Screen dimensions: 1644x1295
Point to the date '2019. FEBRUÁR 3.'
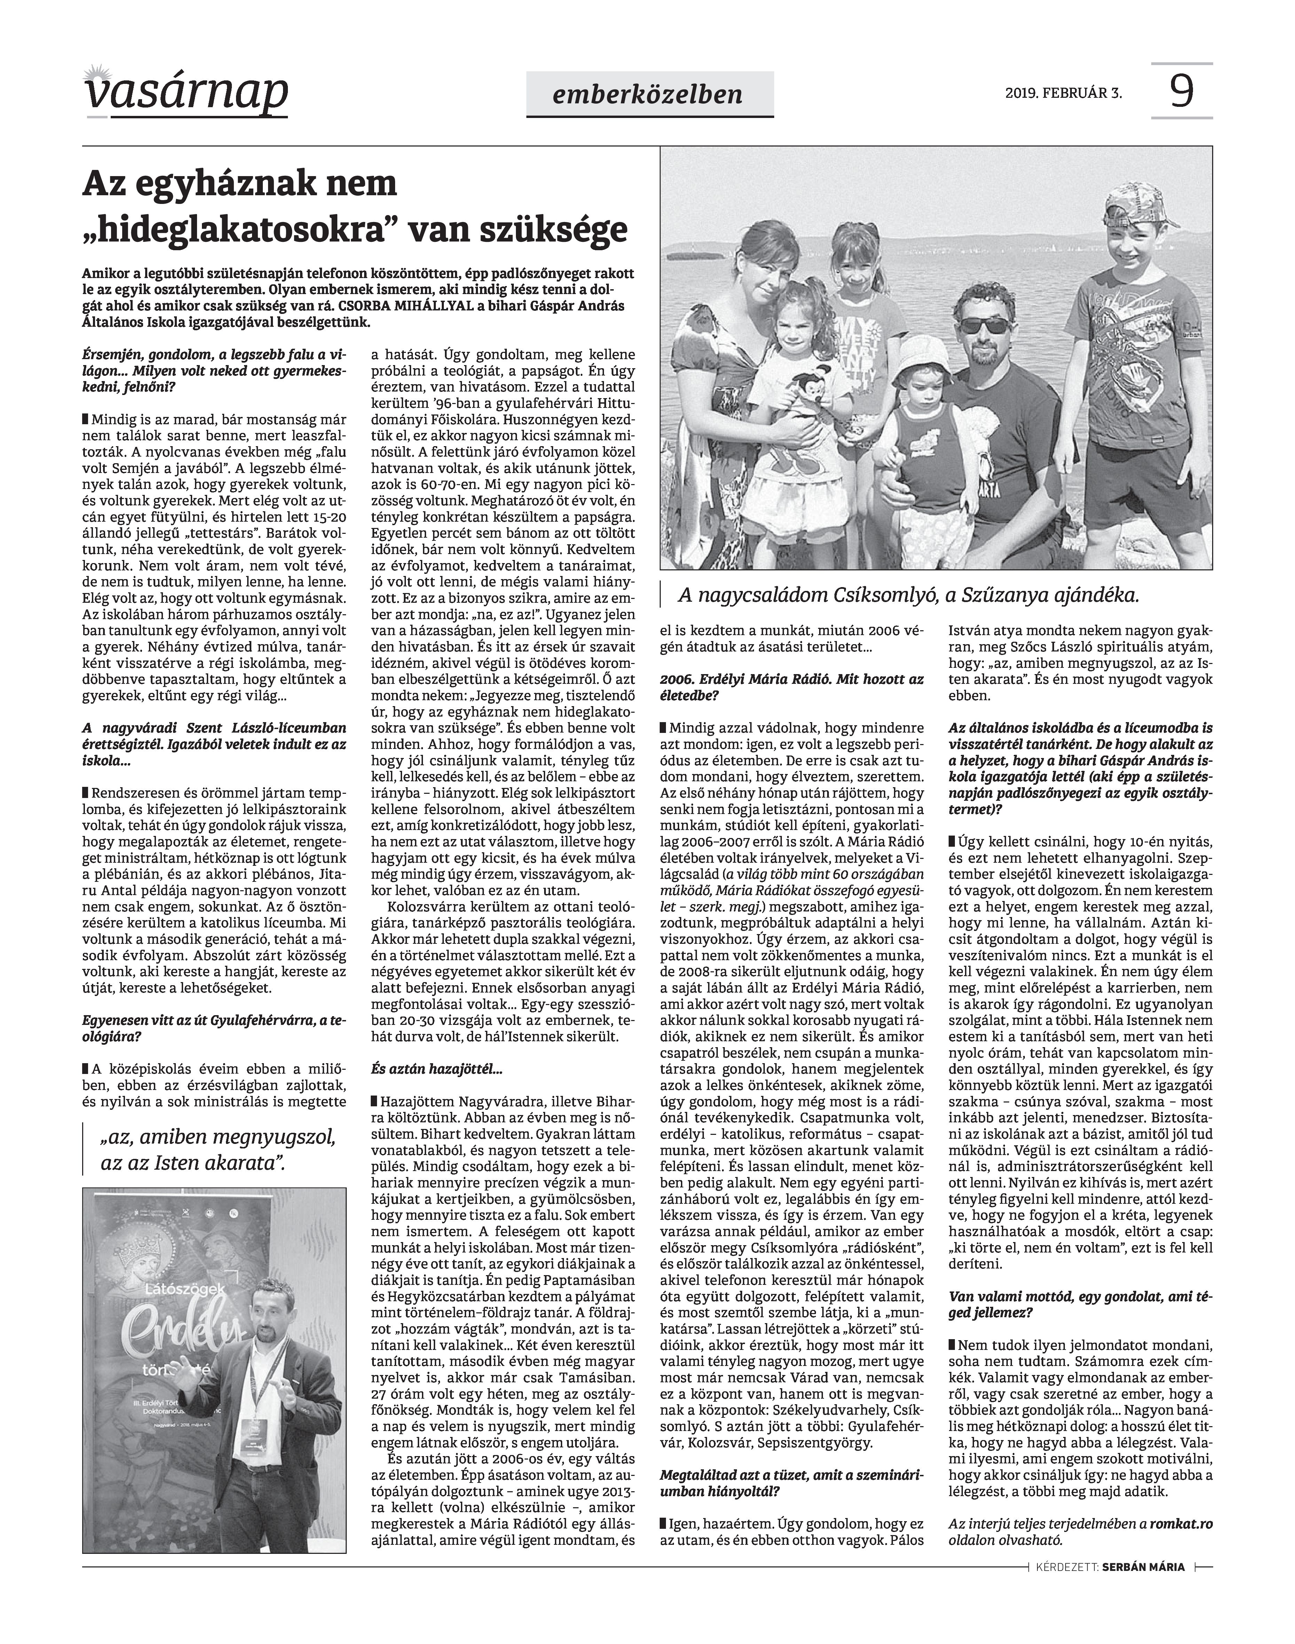coord(1064,94)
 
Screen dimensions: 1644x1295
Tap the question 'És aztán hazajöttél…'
coord(436,1070)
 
